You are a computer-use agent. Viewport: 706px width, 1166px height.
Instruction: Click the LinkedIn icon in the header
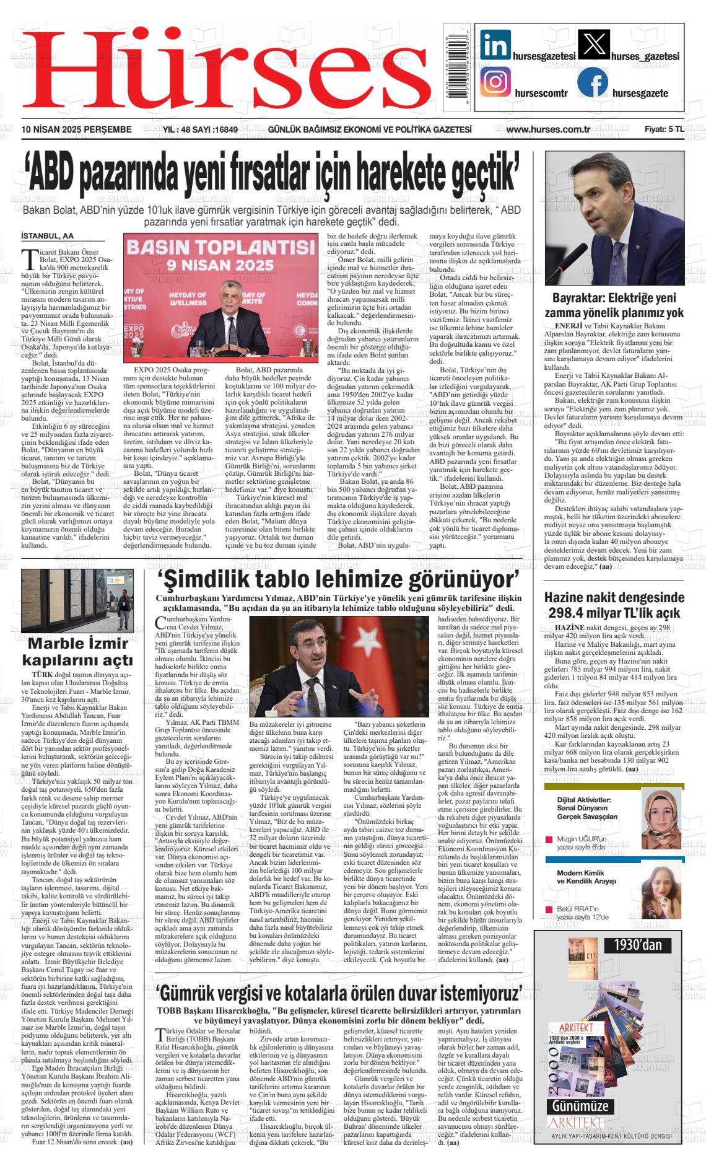tap(495, 45)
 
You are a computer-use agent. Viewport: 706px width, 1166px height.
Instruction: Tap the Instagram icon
tap(495, 82)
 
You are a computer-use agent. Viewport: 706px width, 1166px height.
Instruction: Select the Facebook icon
tap(593, 82)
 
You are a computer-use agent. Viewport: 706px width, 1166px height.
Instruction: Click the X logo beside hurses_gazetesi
tap(593, 45)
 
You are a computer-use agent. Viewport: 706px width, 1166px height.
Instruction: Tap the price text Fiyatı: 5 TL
tap(664, 129)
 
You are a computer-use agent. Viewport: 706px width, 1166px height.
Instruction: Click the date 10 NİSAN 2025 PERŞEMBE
tap(77, 129)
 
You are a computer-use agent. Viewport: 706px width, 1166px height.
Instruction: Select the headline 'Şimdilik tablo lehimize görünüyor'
tap(338, 580)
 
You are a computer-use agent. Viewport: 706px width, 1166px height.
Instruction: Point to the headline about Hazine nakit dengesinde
tap(614, 605)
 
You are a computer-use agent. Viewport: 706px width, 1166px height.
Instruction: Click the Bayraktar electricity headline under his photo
tap(614, 305)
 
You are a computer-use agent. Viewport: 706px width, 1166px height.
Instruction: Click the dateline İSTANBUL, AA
tap(47, 236)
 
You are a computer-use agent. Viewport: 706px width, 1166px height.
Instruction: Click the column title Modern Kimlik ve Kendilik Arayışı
tap(586, 877)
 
